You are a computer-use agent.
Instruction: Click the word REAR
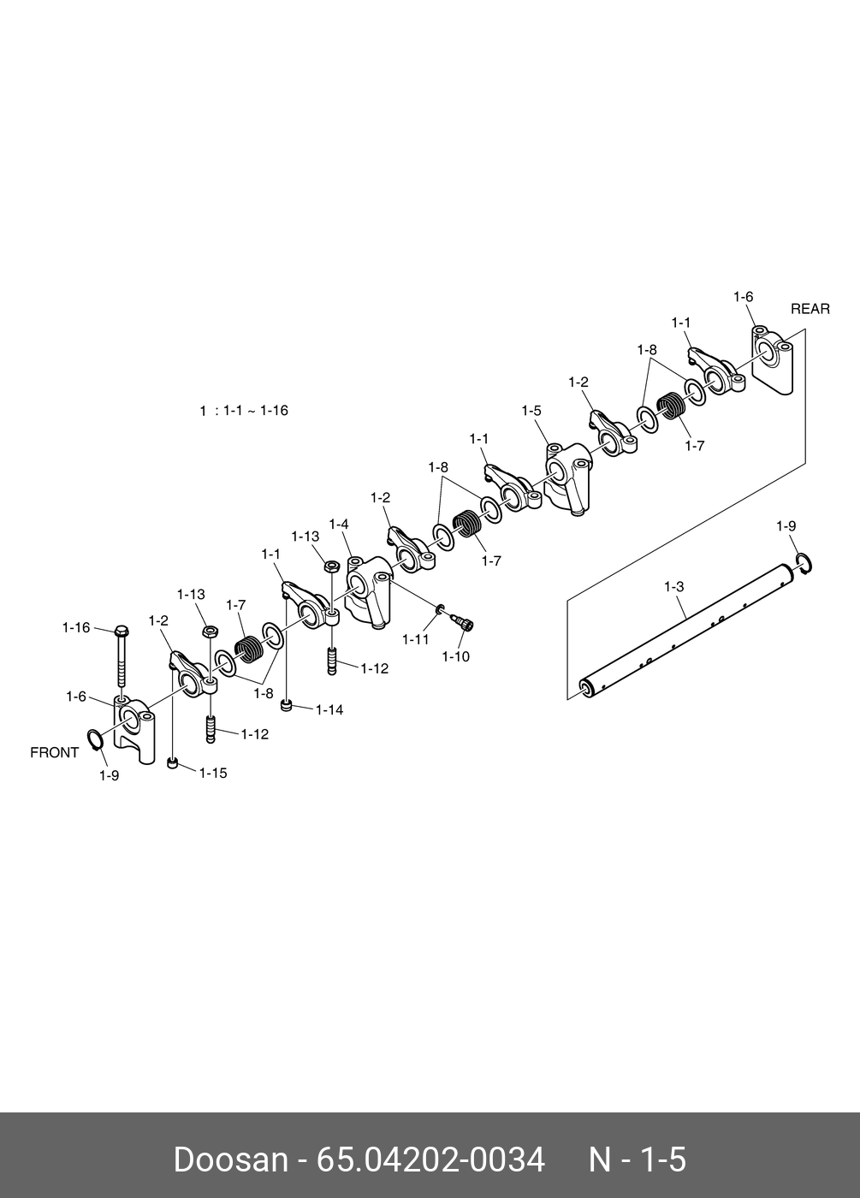tap(810, 309)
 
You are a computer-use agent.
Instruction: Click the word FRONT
tap(54, 753)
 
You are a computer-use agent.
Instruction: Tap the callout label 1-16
tap(75, 628)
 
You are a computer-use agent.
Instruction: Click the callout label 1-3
tap(674, 587)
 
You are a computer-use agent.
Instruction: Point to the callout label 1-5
tap(531, 411)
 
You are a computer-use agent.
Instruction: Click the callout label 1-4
tap(338, 524)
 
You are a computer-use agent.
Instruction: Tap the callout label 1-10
tap(455, 656)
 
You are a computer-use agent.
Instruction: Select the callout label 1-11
tap(416, 639)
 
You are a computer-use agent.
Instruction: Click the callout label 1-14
tap(329, 709)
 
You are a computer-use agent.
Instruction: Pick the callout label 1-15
tap(213, 773)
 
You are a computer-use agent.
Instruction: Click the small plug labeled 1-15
tap(173, 762)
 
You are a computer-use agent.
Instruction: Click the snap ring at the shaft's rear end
tap(804, 561)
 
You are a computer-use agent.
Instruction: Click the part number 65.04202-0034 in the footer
tap(430, 1160)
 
